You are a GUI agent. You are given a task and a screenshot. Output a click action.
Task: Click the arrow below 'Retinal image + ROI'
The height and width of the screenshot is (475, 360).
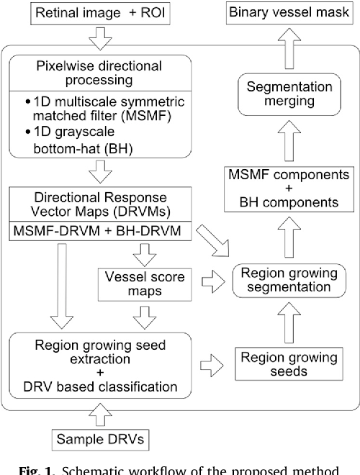(x=94, y=40)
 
